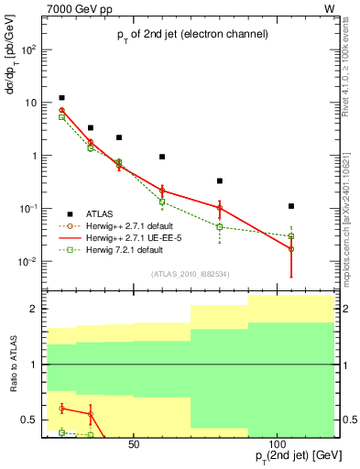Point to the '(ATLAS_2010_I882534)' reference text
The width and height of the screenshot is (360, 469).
(191, 272)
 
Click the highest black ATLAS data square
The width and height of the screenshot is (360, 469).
(61, 98)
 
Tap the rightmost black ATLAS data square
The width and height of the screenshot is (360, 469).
(291, 206)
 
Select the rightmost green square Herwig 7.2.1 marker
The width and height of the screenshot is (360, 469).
(291, 236)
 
